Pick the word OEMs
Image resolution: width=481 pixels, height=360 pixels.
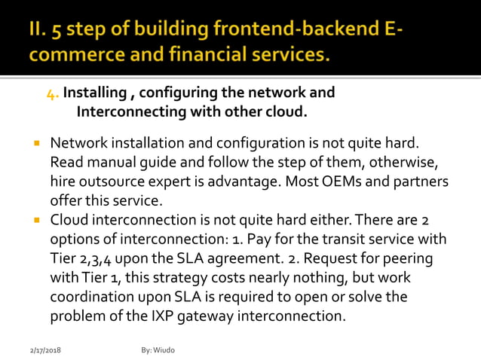coord(332,182)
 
